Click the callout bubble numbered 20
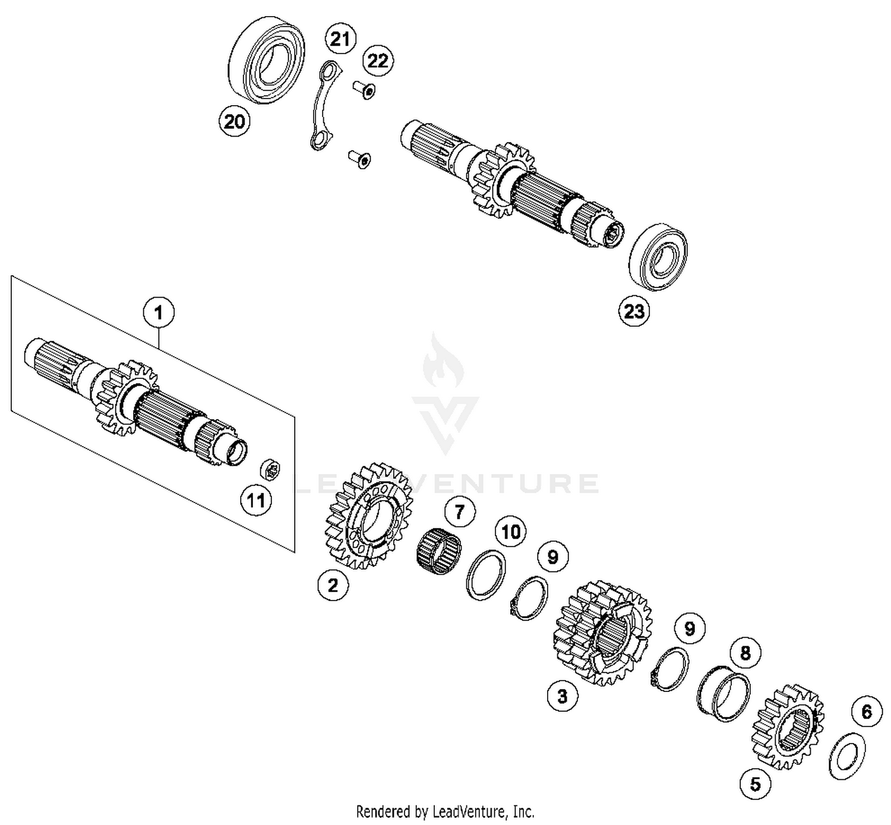point(234,121)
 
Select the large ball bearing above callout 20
point(267,60)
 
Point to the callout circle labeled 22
point(378,61)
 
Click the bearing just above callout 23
point(658,257)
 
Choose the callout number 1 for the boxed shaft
point(159,312)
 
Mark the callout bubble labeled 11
point(256,501)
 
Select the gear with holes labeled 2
point(370,517)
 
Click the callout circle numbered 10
point(511,532)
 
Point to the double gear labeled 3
point(602,633)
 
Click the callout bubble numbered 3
point(562,696)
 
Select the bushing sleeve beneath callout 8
point(723,693)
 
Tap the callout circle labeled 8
point(745,653)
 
